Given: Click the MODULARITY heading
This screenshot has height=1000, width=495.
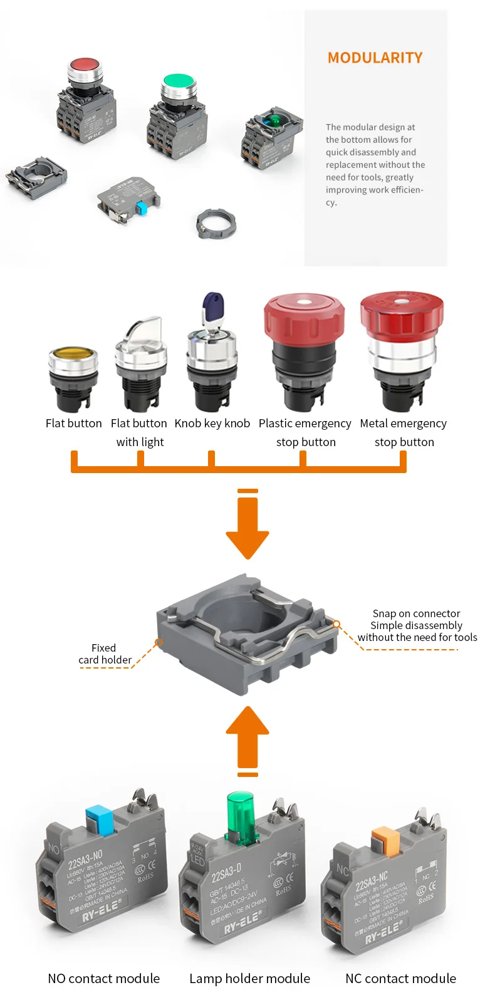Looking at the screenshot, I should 375,58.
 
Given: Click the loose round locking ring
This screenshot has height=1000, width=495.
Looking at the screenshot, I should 216,224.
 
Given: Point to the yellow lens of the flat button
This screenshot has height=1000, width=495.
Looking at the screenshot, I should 73,355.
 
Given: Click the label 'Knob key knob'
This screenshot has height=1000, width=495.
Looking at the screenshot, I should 212,424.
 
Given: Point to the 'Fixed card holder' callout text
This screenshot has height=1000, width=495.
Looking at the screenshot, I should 105,654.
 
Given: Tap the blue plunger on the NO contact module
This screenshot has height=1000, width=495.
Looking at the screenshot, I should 99,817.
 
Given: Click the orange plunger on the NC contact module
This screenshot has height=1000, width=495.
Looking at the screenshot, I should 385,840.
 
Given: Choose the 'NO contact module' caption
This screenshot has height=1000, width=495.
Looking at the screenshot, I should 104,979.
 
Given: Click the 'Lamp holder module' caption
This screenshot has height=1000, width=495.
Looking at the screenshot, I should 249,979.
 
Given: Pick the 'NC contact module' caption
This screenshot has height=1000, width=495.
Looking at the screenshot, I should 400,979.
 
